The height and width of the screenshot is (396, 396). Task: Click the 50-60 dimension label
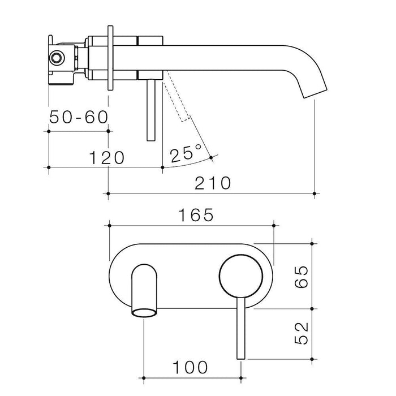tap(79, 117)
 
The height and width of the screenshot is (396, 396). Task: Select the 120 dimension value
tap(105, 157)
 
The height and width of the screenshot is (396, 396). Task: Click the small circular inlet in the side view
tap(57, 58)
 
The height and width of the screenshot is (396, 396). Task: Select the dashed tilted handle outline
tap(177, 102)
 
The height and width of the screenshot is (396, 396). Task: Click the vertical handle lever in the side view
tap(150, 110)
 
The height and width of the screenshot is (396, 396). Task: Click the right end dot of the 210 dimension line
tap(315, 193)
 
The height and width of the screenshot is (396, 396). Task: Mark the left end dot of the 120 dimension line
tap(50, 167)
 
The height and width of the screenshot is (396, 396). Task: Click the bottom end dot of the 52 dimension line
tap(311, 359)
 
